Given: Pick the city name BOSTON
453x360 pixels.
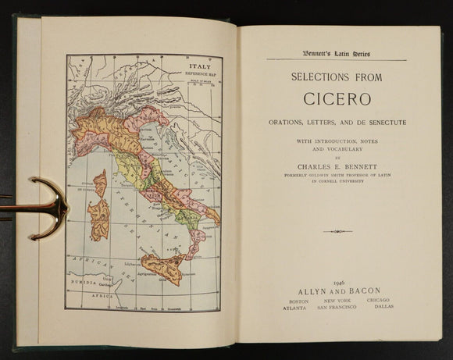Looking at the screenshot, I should [298, 301].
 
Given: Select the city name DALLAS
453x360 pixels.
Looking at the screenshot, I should [385, 308].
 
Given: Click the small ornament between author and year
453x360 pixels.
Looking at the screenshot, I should [337, 231].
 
